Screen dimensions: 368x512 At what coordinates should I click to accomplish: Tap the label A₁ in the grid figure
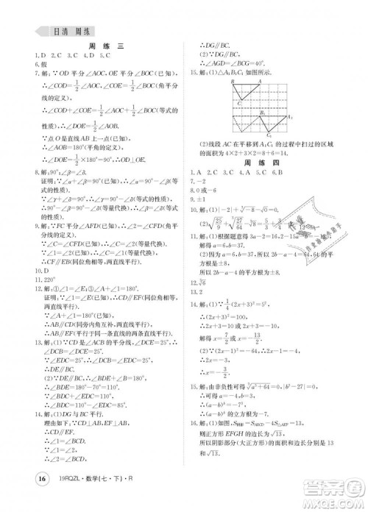[289, 117]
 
